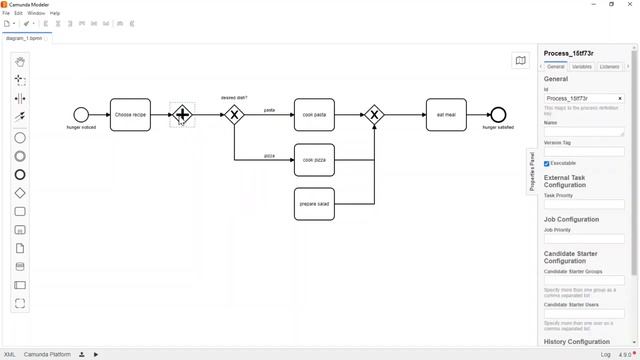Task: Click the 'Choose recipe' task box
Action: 130,115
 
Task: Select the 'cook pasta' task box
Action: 314,115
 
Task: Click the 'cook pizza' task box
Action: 314,160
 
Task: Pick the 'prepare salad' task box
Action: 314,204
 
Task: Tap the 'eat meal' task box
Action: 446,115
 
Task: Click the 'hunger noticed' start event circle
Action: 81,115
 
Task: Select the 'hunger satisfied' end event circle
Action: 498,115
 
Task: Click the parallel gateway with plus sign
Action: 181,115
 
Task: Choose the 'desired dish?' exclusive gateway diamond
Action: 234,115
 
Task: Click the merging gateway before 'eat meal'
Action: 374,115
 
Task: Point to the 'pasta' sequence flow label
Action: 270,110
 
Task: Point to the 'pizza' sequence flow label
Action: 270,156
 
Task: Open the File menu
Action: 6,13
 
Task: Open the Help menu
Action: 55,13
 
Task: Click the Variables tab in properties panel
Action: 582,67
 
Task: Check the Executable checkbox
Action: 547,163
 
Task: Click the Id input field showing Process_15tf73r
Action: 580,99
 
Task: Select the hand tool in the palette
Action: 20,61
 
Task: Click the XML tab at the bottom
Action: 9,354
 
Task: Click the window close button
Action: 630,4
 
